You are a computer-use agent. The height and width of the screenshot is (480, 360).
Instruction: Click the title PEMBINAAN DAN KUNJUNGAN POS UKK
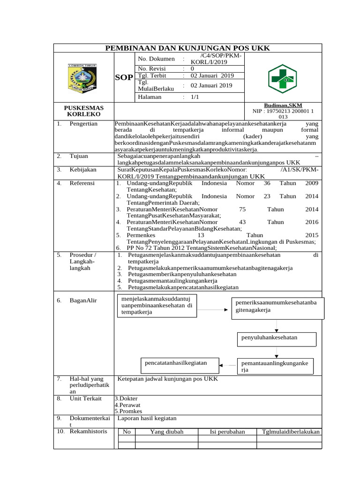[x=187, y=48]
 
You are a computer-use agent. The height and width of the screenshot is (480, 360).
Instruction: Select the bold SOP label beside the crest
[x=124, y=77]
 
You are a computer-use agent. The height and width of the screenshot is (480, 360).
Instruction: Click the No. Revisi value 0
[x=192, y=68]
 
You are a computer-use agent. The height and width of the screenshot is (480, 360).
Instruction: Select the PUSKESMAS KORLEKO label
[x=83, y=111]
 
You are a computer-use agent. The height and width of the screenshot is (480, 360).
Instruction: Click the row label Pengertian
[x=83, y=124]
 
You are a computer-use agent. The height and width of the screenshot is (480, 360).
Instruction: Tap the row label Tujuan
[x=79, y=156]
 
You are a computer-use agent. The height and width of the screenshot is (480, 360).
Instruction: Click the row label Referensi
[x=82, y=183]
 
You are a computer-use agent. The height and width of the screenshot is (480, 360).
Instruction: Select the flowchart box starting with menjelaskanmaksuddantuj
[x=157, y=305]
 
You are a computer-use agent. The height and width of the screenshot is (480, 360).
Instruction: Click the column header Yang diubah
[x=166, y=432]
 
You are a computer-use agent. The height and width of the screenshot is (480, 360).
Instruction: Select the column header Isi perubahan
[x=227, y=432]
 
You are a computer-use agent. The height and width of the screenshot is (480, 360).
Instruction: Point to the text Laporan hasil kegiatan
[x=147, y=418]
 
